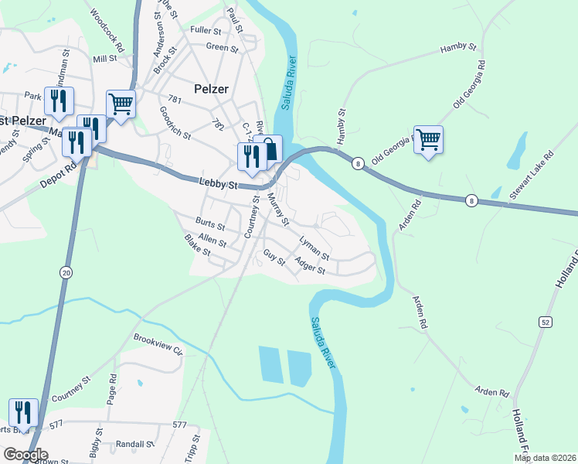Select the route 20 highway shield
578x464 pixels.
(65, 271)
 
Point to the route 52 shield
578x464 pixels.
(546, 321)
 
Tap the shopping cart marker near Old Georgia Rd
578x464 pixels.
(428, 140)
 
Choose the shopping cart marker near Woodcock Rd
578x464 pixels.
(121, 104)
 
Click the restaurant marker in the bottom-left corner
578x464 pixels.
(23, 412)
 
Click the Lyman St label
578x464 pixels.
(314, 248)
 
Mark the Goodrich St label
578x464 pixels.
(175, 123)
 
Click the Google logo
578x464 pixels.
(25, 455)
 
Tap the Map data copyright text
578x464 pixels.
(546, 458)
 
